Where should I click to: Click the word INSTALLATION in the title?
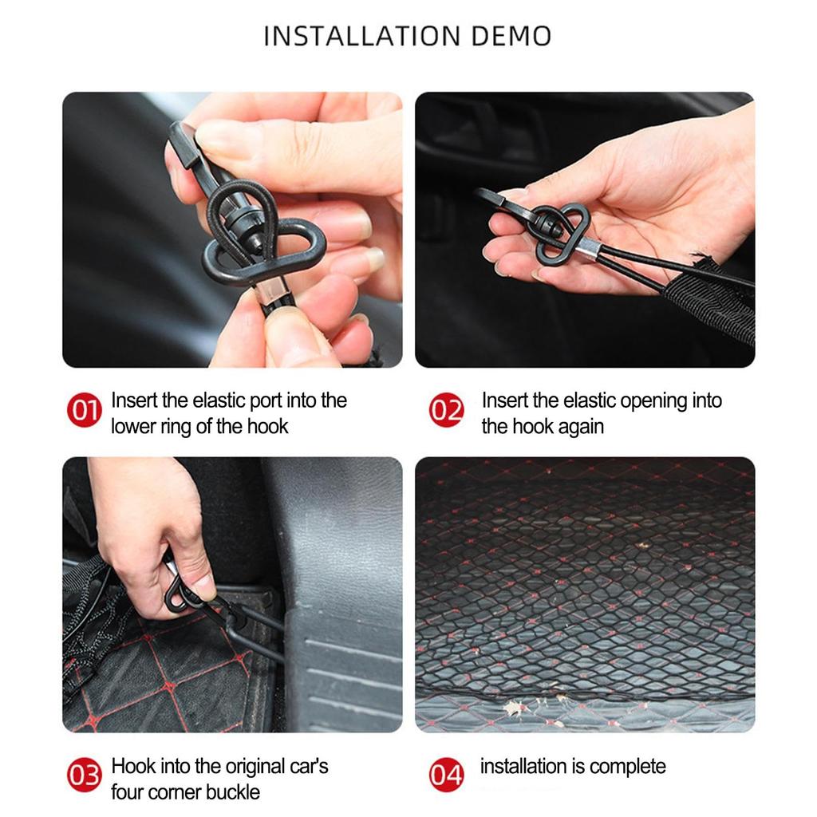tap(362, 36)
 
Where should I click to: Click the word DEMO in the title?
tap(511, 36)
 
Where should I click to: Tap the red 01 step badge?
tap(84, 411)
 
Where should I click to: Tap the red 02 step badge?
tap(447, 411)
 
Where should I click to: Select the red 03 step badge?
tap(84, 775)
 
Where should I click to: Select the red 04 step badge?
tap(447, 775)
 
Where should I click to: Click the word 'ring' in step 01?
tap(175, 427)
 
